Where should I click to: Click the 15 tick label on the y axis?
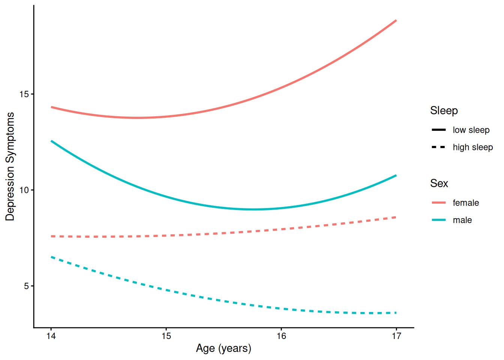pos(24,94)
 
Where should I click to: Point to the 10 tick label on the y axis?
pos(24,190)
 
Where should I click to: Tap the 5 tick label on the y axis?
pos(26,286)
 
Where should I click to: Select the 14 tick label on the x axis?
pos(51,336)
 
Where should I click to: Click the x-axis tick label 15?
pos(166,336)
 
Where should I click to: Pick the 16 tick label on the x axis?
pos(281,336)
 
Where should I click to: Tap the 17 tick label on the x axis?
pos(396,336)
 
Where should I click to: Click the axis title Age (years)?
pos(223,348)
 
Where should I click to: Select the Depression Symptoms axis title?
pos(10,166)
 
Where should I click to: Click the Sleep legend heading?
pos(444,111)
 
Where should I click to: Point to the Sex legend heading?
pos(439,183)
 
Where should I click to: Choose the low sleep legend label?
pos(471,130)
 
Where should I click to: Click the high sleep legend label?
pos(472,147)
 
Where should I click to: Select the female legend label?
pos(466,203)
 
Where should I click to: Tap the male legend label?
pos(462,220)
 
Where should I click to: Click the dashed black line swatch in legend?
pos(439,147)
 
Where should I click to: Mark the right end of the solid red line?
pos(396,21)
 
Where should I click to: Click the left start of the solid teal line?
pos(51,141)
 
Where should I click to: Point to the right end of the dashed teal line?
pos(396,313)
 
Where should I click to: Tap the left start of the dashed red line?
pos(51,236)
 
